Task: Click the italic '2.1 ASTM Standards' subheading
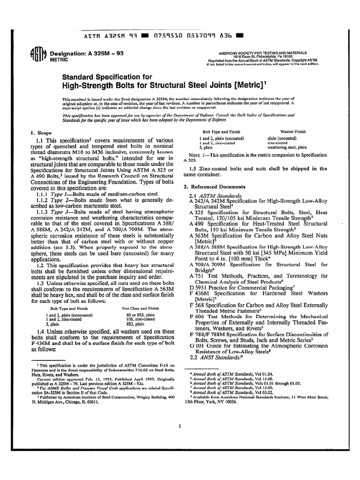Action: click(x=217, y=195)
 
